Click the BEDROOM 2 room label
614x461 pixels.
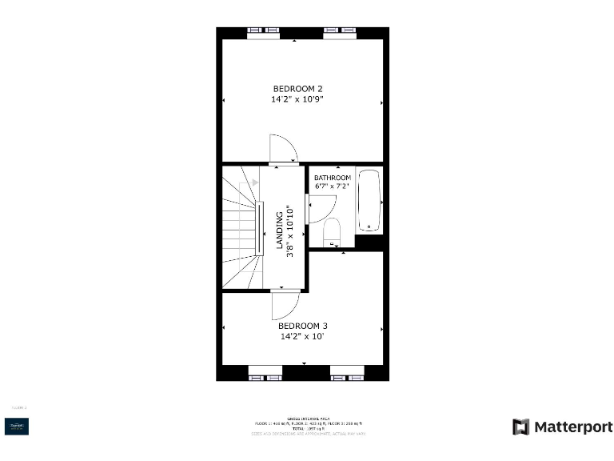[297, 88]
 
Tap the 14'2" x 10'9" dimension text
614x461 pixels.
[297, 99]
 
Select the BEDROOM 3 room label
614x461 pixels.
[303, 326]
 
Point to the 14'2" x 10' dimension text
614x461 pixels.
[303, 337]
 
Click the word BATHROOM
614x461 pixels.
[332, 178]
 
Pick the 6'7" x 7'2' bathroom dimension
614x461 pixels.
[332, 186]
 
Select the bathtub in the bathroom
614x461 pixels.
[369, 201]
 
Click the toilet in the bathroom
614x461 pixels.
[332, 232]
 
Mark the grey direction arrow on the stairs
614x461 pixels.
[255, 182]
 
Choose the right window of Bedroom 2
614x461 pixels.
[339, 32]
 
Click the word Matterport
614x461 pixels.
[572, 427]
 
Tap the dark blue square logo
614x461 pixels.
[18, 427]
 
